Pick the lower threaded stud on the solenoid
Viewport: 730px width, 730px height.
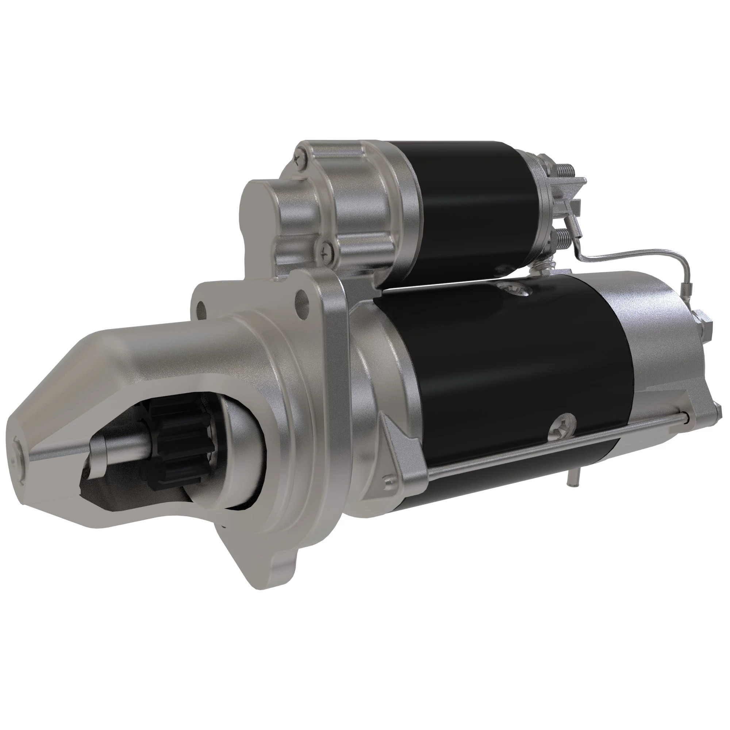point(561,240)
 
